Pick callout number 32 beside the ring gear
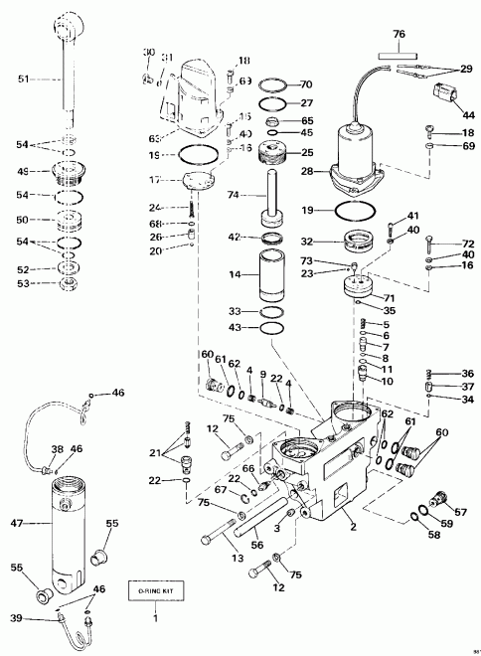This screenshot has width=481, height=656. [x=307, y=242]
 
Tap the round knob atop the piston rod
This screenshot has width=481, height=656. [x=68, y=23]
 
